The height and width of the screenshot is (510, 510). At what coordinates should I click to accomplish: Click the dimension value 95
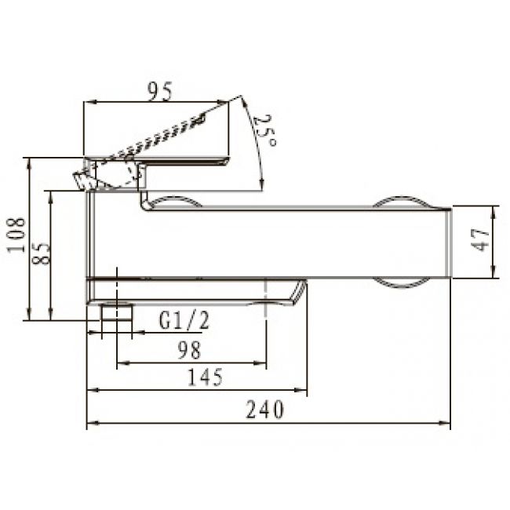(159, 91)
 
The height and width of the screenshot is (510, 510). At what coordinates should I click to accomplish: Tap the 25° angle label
(264, 130)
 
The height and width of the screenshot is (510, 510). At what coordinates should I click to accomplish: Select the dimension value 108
(16, 235)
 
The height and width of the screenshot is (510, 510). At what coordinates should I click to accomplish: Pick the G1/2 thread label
(184, 320)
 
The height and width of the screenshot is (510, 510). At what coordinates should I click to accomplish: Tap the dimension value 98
(190, 350)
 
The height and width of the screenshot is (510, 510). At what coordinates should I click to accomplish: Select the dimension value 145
(206, 377)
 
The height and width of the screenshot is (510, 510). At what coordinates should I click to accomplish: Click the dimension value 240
(264, 409)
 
